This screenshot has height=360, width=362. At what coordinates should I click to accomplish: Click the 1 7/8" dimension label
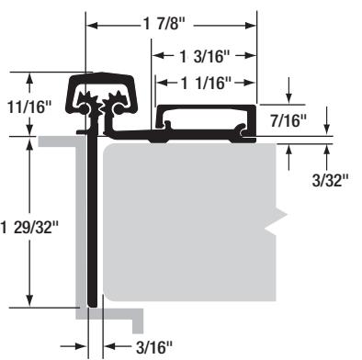pos(164,24)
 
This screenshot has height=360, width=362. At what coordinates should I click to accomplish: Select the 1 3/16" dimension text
pos(204,56)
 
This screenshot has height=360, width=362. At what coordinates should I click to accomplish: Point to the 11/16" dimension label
pos(29,107)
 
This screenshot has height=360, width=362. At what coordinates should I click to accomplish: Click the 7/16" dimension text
pos(288,120)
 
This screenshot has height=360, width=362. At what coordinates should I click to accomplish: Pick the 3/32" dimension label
pos(331,180)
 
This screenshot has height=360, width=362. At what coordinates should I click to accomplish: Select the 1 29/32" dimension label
pos(29,228)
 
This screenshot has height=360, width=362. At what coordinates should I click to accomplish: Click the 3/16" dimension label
pos(154,347)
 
